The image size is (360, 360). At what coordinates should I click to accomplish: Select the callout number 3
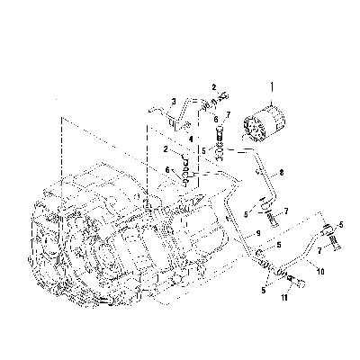pyautogui.click(x=174, y=102)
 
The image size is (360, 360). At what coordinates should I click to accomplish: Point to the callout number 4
pyautogui.click(x=191, y=139)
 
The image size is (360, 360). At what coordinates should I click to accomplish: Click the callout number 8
pyautogui.click(x=281, y=173)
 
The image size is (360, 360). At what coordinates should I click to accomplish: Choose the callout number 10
pyautogui.click(x=320, y=272)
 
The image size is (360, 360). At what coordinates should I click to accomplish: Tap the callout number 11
pyautogui.click(x=284, y=298)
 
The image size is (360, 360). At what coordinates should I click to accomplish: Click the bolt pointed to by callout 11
pyautogui.click(x=297, y=281)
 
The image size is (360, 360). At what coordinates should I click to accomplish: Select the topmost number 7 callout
pyautogui.click(x=229, y=114)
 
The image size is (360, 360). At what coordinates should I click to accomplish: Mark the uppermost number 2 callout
pyautogui.click(x=214, y=87)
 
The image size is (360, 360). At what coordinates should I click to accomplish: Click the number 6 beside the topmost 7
pyautogui.click(x=216, y=120)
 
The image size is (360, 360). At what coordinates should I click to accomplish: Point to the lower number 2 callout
pyautogui.click(x=166, y=148)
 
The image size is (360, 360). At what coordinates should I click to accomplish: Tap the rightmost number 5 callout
pyautogui.click(x=341, y=225)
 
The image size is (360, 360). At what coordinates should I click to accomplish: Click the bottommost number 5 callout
pyautogui.click(x=264, y=291)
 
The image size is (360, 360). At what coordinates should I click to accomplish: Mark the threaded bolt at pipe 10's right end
pyautogui.click(x=335, y=242)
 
